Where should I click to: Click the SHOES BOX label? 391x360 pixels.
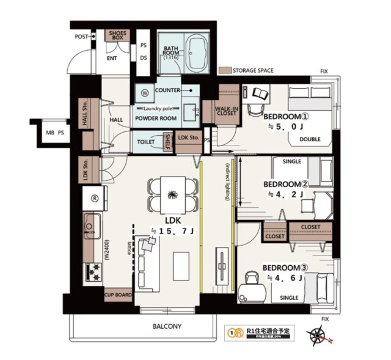116,35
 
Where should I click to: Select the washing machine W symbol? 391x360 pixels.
145,94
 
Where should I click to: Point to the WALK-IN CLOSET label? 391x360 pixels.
227,110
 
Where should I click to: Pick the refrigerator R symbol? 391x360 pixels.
95,198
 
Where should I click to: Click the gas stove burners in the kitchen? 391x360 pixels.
95,270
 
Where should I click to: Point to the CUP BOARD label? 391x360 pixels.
119,295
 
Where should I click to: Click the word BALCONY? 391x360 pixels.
167,326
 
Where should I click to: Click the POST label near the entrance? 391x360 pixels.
81,37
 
